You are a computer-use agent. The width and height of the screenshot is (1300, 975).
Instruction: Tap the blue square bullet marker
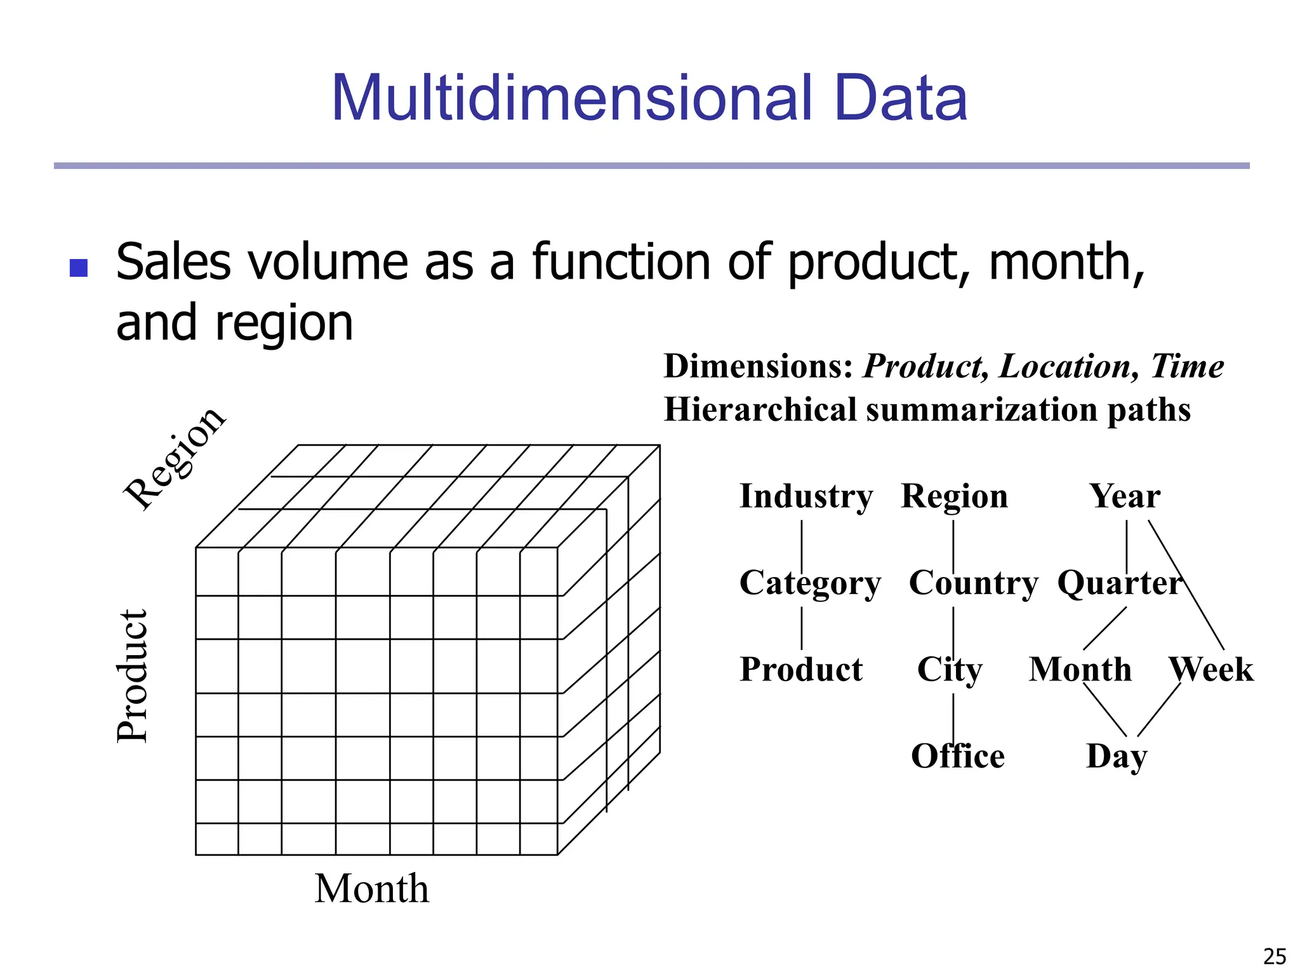click(x=78, y=268)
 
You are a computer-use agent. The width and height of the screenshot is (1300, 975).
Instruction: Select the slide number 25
click(x=1275, y=956)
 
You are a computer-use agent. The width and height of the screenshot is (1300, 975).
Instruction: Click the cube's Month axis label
click(x=371, y=889)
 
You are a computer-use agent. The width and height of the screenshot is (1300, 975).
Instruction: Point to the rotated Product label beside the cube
click(x=133, y=675)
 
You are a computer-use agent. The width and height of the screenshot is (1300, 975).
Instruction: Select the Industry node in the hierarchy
click(x=806, y=496)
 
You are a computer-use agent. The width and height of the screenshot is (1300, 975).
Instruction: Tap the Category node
click(x=810, y=583)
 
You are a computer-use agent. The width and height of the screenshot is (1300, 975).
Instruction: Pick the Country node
click(x=973, y=583)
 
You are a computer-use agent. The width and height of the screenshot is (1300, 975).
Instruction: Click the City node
click(x=950, y=670)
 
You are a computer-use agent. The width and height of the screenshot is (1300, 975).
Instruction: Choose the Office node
click(x=957, y=756)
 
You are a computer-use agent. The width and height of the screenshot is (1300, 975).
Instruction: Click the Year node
click(x=1125, y=496)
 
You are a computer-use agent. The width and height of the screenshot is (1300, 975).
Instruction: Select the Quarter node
click(x=1119, y=583)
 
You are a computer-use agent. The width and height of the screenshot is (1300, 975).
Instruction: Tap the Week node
click(x=1211, y=670)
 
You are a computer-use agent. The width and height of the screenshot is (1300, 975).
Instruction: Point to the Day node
click(x=1116, y=756)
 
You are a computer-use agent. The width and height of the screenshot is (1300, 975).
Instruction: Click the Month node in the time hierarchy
click(x=1080, y=670)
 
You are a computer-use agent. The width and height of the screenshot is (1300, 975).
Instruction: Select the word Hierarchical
click(x=760, y=409)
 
